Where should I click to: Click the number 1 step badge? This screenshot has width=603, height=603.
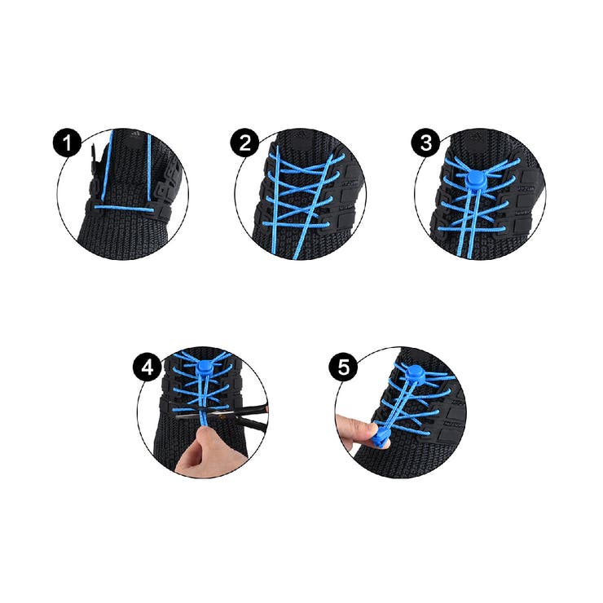point(68,143)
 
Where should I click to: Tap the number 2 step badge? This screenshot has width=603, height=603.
point(245,143)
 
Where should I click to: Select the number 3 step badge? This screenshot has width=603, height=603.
point(425,143)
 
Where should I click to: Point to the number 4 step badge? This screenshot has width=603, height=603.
point(147,368)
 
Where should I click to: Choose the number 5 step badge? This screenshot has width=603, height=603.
point(343,368)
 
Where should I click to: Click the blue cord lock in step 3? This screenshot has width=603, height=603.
point(475,179)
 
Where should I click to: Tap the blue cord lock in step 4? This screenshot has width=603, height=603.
point(206,368)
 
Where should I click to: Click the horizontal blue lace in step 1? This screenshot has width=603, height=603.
point(124,209)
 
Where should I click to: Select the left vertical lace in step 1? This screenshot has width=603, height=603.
point(107,165)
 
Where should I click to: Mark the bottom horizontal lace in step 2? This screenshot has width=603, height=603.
point(295,225)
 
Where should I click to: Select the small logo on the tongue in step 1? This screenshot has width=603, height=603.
point(134,134)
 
